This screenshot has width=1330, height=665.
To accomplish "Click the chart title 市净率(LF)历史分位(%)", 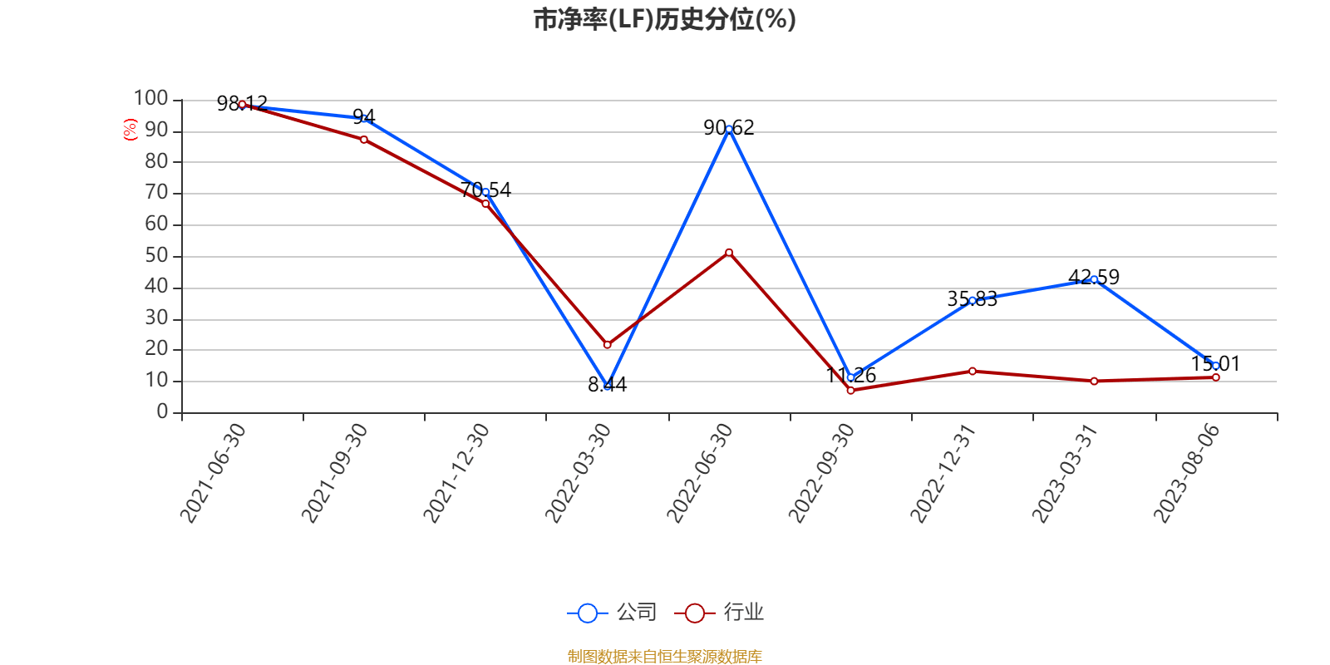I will (664, 19).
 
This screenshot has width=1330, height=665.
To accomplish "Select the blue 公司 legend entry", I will (612, 613).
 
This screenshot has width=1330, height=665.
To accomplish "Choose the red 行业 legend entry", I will (719, 613).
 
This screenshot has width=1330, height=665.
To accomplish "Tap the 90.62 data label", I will (728, 127).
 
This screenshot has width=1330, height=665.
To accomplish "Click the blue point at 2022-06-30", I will (729, 130).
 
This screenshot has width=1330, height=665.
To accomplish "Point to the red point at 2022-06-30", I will (729, 252).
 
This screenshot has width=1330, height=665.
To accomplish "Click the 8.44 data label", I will (607, 384).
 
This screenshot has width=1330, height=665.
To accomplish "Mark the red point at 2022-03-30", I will (607, 344).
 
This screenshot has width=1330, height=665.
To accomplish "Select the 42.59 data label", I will (1094, 277).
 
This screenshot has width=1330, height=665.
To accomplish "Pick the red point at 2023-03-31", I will (1094, 381).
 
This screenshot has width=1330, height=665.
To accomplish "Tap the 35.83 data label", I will (972, 298).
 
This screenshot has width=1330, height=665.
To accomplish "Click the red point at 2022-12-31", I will (973, 371).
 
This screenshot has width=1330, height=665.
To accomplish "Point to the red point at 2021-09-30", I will (364, 140).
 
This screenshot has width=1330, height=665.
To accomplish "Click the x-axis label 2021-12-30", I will (456, 472).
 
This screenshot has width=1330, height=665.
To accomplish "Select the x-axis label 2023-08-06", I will (1186, 472).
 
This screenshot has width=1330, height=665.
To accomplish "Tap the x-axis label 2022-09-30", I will (821, 472).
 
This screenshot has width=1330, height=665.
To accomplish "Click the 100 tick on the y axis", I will (151, 99).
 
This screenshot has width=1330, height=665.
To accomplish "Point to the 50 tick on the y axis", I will (156, 256).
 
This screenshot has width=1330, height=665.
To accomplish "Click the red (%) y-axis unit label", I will (130, 129).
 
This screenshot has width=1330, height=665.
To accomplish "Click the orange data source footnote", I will (664, 657).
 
